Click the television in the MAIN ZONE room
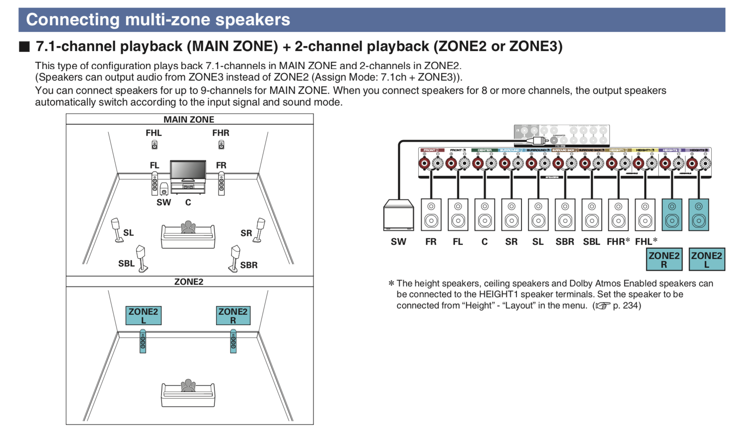(188, 171)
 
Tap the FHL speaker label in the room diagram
(154, 133)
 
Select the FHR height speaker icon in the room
(221, 145)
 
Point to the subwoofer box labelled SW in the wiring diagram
(398, 215)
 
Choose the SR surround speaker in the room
(260, 229)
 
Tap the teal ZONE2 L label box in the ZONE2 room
(143, 316)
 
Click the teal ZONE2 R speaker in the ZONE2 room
(233, 341)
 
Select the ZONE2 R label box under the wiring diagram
(664, 260)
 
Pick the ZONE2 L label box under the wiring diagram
(707, 260)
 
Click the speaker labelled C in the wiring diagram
(485, 215)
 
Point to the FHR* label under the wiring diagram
(618, 242)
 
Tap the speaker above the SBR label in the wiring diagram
(565, 215)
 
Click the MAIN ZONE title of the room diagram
(189, 119)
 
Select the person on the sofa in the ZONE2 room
(188, 386)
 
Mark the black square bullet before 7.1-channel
(25, 46)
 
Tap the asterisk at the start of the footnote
(391, 284)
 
